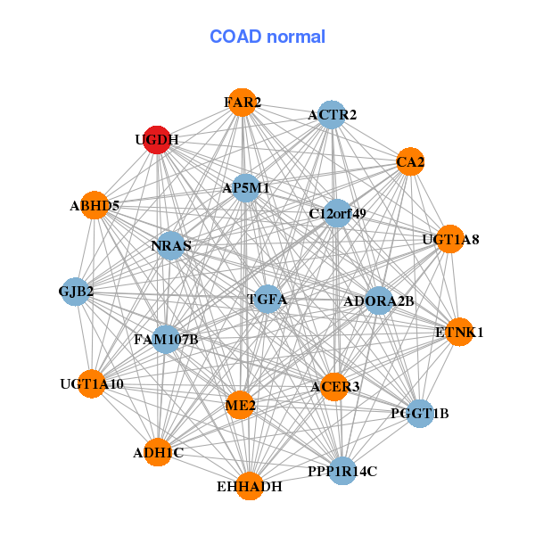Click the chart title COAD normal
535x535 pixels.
[x=267, y=37]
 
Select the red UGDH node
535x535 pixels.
[x=157, y=140]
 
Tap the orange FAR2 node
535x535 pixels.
[x=242, y=103]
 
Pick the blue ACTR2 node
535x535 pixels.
[x=332, y=115]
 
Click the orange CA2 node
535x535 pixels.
[x=409, y=162]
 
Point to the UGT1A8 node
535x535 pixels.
[x=450, y=239]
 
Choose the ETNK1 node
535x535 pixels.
[x=459, y=332]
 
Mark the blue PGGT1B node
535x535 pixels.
[x=420, y=413]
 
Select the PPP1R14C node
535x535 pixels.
[x=342, y=470]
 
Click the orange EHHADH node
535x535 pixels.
[x=250, y=486]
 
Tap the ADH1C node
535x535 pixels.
[x=158, y=452]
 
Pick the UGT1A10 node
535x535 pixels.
[x=91, y=384]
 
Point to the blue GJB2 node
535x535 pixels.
[x=76, y=292]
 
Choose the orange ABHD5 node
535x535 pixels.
[x=95, y=206]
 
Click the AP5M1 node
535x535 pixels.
[x=246, y=188]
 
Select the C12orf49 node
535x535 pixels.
[x=337, y=213]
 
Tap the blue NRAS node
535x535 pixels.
[x=170, y=245]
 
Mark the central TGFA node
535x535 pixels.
[x=267, y=300]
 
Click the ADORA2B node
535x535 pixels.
[x=378, y=300]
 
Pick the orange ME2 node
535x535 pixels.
[x=241, y=406]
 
